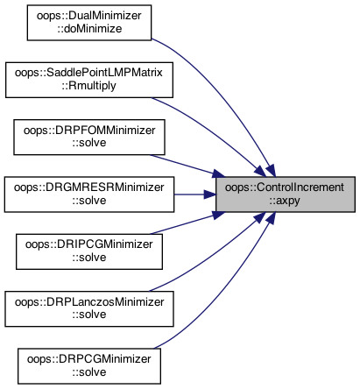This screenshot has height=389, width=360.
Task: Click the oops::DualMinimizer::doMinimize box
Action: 89,23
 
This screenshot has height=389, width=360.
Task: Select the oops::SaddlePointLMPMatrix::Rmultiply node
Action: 89,80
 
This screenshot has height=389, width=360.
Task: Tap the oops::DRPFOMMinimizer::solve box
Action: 89,137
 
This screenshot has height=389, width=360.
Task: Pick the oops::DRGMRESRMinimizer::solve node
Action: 89,194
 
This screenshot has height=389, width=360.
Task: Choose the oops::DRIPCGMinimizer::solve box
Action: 89,251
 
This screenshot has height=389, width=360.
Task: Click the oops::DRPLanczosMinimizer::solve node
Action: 89,308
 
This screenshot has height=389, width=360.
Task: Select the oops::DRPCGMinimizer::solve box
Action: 89,366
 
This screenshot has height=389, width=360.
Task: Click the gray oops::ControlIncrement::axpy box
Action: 286,194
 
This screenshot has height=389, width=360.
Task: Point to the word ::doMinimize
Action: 89,29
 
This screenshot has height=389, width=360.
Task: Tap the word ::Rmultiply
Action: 89,86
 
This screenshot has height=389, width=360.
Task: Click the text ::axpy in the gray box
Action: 285,202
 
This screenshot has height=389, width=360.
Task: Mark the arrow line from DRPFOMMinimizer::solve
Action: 187,166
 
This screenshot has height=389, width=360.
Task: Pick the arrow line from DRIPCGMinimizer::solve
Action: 187,223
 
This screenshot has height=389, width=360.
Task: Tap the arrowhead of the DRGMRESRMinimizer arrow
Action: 210,194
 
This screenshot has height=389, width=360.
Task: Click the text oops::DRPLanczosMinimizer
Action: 89,302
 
